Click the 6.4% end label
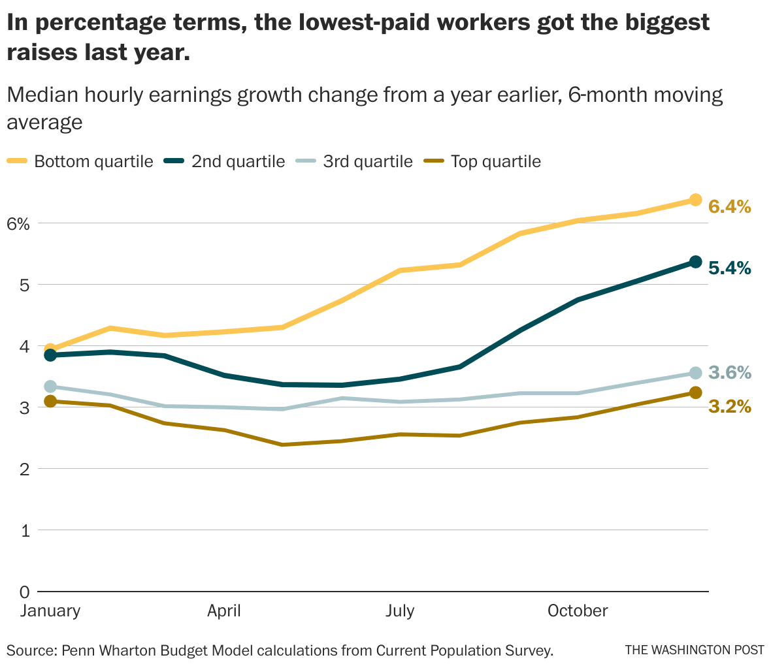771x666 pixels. coord(729,207)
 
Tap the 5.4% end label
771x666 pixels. coord(729,268)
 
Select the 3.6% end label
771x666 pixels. coord(729,373)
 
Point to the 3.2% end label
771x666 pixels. coord(729,407)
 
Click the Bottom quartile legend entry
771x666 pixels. coord(93,161)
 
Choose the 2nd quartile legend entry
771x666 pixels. coord(238,161)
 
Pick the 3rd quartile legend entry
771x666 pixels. coord(368,161)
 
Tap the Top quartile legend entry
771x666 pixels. coord(495,161)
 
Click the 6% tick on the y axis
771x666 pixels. coord(18,224)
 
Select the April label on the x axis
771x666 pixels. coord(223,611)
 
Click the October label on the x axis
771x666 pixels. coord(578,611)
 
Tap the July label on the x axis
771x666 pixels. coord(399,611)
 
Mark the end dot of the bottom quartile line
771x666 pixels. coord(695,200)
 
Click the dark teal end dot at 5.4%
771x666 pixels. coord(695,262)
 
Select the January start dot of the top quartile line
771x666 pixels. coord(50,402)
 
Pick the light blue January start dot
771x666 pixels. coord(50,387)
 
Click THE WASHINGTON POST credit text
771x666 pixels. coord(694,650)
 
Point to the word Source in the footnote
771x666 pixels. coord(29,650)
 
